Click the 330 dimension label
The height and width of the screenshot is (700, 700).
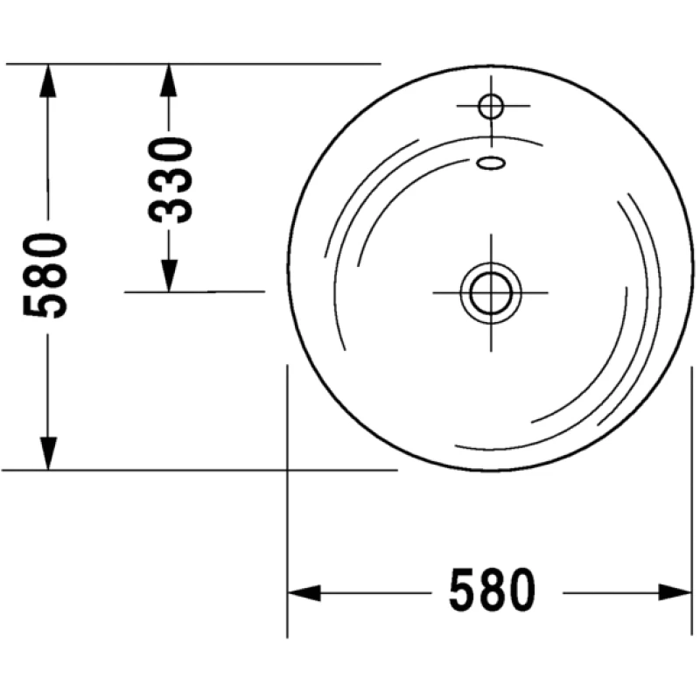tap(170, 180)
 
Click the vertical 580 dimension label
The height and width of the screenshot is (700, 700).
tap(45, 276)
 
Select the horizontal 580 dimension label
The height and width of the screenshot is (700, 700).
tap(492, 589)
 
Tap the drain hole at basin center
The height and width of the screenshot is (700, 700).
tap(491, 293)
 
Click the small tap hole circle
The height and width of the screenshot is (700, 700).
tap(491, 106)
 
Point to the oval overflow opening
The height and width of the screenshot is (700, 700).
tap(491, 163)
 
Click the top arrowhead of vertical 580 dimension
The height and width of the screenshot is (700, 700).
tap(48, 80)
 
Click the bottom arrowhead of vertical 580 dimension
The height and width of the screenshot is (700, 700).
tap(48, 453)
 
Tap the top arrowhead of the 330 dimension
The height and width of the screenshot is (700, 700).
tap(168, 80)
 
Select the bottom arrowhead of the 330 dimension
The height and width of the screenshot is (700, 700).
tap(168, 276)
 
